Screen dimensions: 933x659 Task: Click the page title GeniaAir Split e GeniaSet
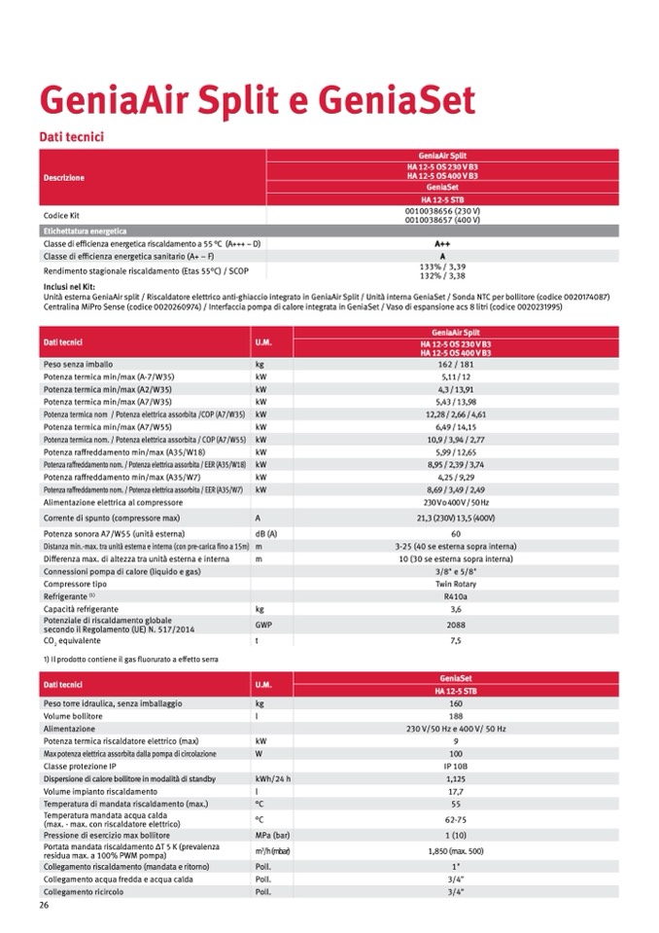tap(256, 101)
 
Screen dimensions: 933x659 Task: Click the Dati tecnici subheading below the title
tap(70, 137)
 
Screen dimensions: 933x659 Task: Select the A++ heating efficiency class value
tap(442, 243)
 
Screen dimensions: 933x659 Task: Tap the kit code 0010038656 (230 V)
tap(442, 210)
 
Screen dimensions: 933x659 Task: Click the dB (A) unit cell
tap(266, 534)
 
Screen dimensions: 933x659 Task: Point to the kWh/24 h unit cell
tap(273, 778)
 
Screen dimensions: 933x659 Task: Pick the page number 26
tap(44, 905)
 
